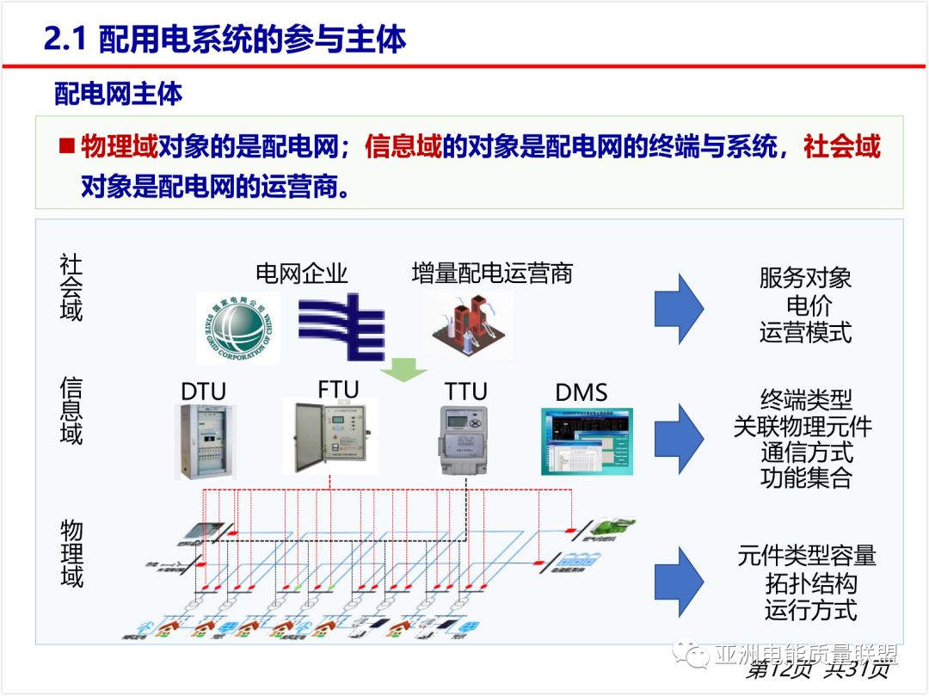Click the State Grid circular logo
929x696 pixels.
[237, 328]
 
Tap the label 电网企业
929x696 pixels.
[302, 274]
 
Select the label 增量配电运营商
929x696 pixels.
[492, 274]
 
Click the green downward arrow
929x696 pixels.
[403, 368]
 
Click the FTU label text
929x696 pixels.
[338, 389]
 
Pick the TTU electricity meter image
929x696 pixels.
[464, 440]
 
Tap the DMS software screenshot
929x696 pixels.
[587, 441]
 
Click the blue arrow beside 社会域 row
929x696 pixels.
[679, 308]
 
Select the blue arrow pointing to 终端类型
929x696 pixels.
[679, 438]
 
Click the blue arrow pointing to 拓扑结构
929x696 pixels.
[679, 581]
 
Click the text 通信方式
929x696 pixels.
[806, 451]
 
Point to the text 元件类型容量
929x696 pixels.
[807, 556]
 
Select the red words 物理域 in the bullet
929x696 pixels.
[120, 146]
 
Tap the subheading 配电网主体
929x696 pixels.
[119, 93]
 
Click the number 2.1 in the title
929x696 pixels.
[65, 40]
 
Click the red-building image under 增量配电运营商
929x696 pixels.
[467, 325]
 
